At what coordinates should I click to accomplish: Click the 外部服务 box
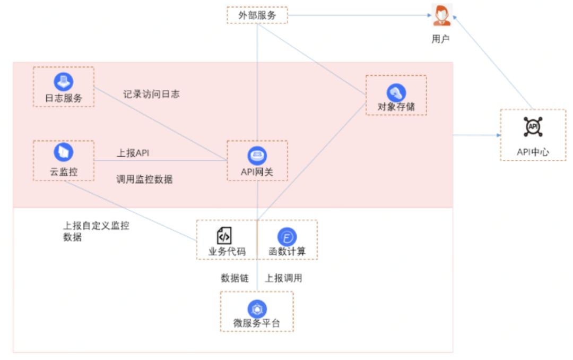pyautogui.click(x=257, y=15)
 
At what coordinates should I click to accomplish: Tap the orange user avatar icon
pyautogui.click(x=441, y=15)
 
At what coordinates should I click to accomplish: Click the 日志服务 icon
pyautogui.click(x=64, y=82)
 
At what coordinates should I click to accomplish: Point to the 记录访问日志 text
pyautogui.click(x=151, y=95)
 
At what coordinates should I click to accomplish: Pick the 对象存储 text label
pyautogui.click(x=396, y=107)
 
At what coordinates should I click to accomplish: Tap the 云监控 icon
pyautogui.click(x=64, y=152)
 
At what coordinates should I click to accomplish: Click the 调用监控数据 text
pyautogui.click(x=144, y=179)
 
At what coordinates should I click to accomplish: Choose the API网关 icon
pyautogui.click(x=257, y=156)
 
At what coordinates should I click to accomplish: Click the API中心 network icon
pyautogui.click(x=533, y=126)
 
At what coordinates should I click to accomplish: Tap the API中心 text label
pyautogui.click(x=533, y=152)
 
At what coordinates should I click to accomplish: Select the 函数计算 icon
pyautogui.click(x=287, y=237)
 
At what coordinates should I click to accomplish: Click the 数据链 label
pyautogui.click(x=235, y=278)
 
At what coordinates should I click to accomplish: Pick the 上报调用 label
pyautogui.click(x=283, y=278)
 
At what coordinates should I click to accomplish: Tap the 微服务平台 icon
pyautogui.click(x=257, y=308)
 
